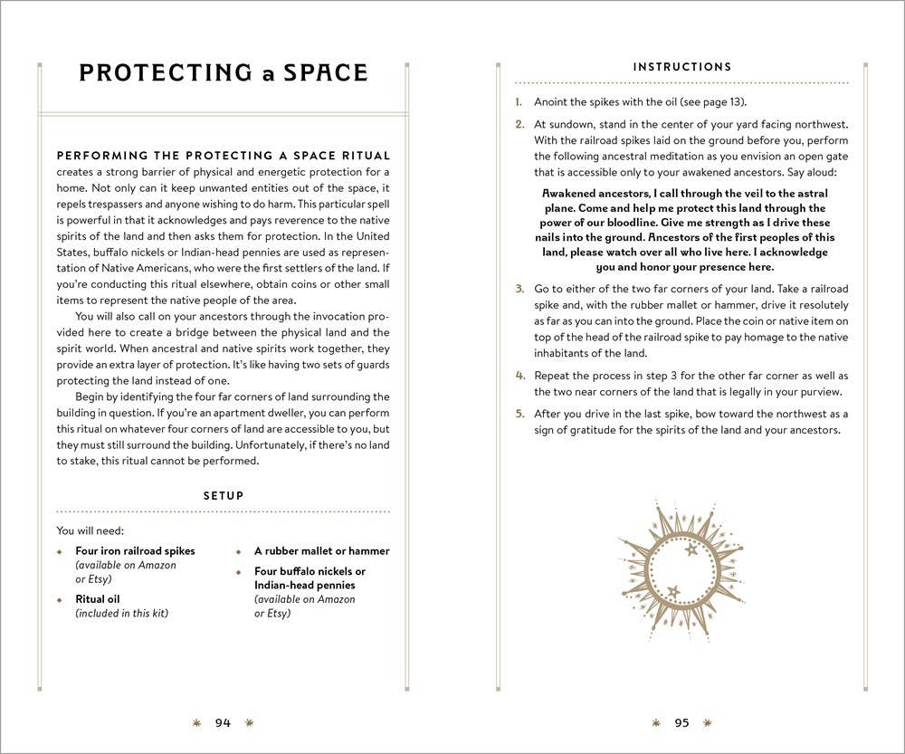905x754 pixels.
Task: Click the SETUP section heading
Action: pyautogui.click(x=223, y=496)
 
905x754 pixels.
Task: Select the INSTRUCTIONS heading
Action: pyautogui.click(x=682, y=67)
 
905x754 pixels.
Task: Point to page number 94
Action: pyautogui.click(x=223, y=722)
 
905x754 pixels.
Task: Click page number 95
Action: pyautogui.click(x=681, y=722)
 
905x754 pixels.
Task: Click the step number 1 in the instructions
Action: pyautogui.click(x=519, y=102)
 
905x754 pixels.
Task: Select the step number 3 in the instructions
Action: pyautogui.click(x=519, y=289)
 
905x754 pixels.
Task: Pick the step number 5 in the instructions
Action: pyautogui.click(x=519, y=414)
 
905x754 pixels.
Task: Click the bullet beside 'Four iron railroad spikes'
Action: pyautogui.click(x=60, y=551)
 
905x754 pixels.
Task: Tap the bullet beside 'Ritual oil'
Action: pyautogui.click(x=60, y=599)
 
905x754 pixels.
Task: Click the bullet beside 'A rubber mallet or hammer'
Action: pyautogui.click(x=239, y=551)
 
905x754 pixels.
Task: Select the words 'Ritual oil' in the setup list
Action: pyautogui.click(x=98, y=599)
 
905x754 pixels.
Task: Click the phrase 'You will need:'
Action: pyautogui.click(x=90, y=530)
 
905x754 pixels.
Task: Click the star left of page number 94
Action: pyautogui.click(x=196, y=722)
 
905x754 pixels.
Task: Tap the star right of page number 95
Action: pyautogui.click(x=708, y=722)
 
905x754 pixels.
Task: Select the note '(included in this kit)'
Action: pyautogui.click(x=122, y=614)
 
